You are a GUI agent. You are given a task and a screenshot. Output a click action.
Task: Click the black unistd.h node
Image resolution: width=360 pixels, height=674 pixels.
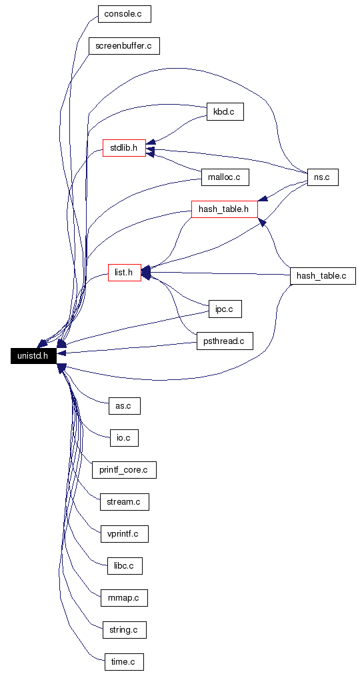click(33, 356)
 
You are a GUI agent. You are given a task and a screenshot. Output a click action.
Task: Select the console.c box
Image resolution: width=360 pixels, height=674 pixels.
click(125, 14)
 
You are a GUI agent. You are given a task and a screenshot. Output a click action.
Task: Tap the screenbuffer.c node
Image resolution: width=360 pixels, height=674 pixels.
click(124, 45)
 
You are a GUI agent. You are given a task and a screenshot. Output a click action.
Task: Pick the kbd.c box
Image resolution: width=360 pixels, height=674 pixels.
click(225, 112)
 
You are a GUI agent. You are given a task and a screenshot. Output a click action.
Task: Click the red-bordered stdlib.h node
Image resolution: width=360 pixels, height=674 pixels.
click(124, 148)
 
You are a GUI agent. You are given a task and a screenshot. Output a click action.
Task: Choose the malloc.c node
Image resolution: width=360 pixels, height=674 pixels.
click(225, 177)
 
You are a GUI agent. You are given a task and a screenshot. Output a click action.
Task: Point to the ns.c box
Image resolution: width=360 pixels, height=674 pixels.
click(323, 177)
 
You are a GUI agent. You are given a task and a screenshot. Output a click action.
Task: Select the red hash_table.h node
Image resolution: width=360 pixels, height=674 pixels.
click(224, 209)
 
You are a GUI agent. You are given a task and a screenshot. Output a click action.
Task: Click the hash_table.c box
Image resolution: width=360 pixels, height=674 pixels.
click(323, 275)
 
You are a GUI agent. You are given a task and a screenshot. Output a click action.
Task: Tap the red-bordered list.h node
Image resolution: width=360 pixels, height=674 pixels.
click(125, 273)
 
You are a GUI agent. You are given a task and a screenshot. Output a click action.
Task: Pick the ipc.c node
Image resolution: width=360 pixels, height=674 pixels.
click(225, 309)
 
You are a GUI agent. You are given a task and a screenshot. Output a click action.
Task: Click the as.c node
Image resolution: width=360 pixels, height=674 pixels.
click(125, 406)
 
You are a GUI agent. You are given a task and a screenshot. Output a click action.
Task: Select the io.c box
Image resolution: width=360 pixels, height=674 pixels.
click(125, 437)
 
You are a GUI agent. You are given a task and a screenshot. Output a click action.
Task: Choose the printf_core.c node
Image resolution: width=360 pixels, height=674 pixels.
click(124, 470)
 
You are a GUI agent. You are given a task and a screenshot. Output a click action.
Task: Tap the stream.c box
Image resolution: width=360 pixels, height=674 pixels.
click(125, 501)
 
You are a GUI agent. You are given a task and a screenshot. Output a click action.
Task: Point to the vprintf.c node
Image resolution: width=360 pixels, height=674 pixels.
click(125, 534)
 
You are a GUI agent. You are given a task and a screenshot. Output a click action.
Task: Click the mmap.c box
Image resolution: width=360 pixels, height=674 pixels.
click(125, 598)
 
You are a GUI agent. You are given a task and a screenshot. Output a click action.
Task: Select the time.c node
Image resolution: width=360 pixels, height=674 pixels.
click(124, 662)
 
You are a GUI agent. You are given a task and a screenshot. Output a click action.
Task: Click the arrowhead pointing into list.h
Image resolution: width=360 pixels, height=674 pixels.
click(146, 272)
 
